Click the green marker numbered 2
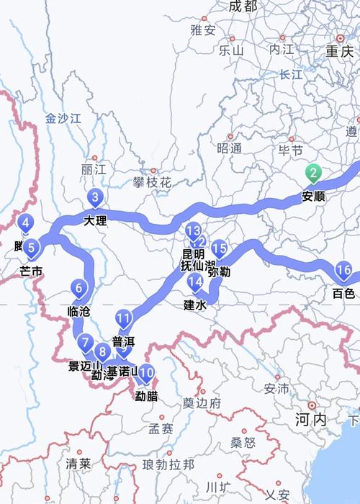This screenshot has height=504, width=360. pyautogui.click(x=313, y=174)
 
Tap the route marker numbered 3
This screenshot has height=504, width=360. pyautogui.click(x=96, y=198)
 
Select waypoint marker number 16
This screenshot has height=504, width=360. pyautogui.click(x=343, y=271)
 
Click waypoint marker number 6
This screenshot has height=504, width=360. pyautogui.click(x=79, y=291)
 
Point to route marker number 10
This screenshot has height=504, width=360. pyautogui.click(x=146, y=373)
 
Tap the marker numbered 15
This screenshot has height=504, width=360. pyautogui.click(x=220, y=249)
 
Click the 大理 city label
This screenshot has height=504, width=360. pyautogui.click(x=95, y=220)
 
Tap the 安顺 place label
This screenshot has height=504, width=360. pyautogui.click(x=313, y=195)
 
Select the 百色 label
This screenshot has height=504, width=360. pyautogui.click(x=343, y=293)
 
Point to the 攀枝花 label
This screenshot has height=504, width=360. pyautogui.click(x=152, y=183)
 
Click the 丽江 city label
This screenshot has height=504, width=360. pyautogui.click(x=94, y=169)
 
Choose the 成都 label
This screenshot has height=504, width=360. pyautogui.click(x=242, y=6)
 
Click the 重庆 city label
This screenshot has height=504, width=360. pyautogui.click(x=339, y=51)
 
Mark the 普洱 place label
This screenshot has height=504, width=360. pyautogui.click(x=124, y=342)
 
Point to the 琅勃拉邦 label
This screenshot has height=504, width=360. pyautogui.click(x=168, y=465)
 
